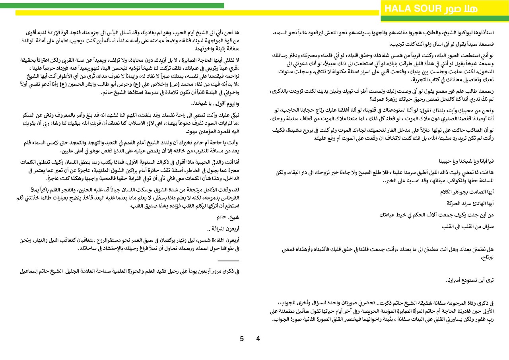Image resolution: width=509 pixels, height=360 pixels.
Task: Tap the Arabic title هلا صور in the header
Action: pyautogui.click(x=461, y=9)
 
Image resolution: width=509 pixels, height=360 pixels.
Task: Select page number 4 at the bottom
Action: pyautogui.click(x=258, y=339)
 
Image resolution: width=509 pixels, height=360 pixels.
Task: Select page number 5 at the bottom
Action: pyautogui.click(x=242, y=339)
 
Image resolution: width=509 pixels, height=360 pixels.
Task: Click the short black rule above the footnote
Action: pyautogui.click(x=228, y=261)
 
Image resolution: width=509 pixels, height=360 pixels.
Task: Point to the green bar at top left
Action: pyautogui.click(x=112, y=6)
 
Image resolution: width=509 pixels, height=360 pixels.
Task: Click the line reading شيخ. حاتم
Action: pyautogui.click(x=228, y=217)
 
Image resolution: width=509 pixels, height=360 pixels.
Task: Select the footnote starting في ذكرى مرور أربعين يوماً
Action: pyautogui.click(x=129, y=271)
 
